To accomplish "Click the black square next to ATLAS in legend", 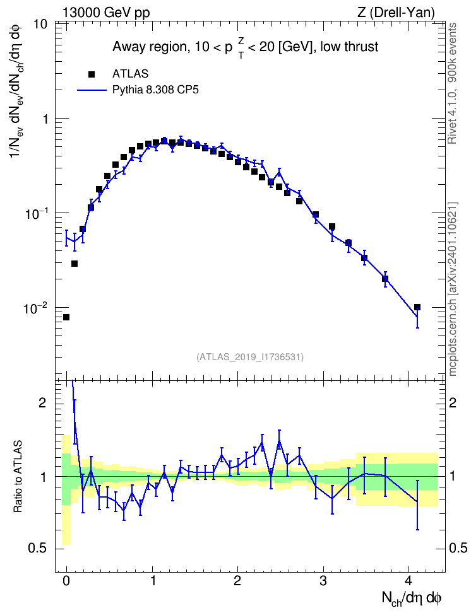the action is click(x=92, y=74).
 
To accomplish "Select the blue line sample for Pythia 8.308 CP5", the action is click(x=92, y=90).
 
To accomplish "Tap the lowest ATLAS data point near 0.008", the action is click(x=66, y=317).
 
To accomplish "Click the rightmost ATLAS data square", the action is click(x=417, y=307).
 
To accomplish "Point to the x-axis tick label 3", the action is click(x=323, y=581).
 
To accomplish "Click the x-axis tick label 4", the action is click(x=408, y=581).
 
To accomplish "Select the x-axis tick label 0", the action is click(x=66, y=581).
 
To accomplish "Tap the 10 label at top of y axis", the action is click(x=39, y=24).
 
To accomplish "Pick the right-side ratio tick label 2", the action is click(x=453, y=403).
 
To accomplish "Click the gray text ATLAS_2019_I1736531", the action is click(x=250, y=356).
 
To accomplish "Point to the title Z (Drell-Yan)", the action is click(x=396, y=13).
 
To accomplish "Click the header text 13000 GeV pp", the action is click(x=106, y=13).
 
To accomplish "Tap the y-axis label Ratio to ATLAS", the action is click(x=18, y=476).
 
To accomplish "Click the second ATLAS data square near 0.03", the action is click(x=75, y=264).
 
